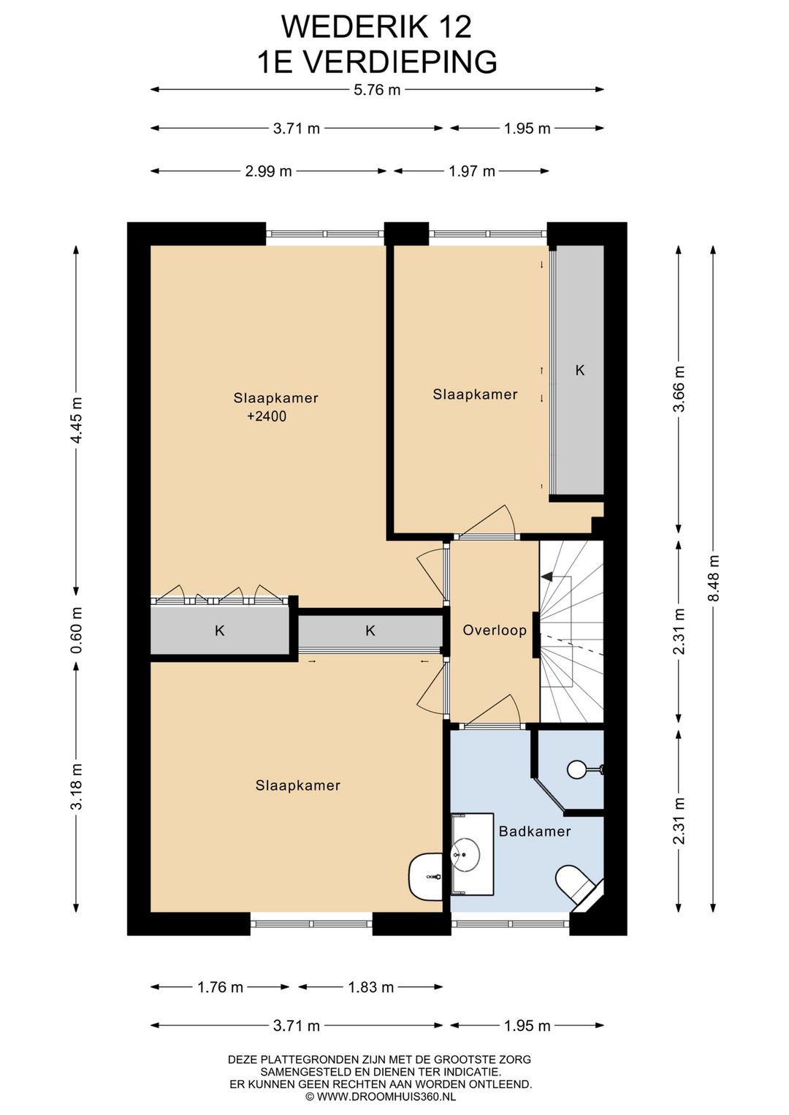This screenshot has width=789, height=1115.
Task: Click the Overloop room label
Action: tap(495, 631)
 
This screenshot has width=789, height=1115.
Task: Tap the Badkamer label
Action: tap(535, 832)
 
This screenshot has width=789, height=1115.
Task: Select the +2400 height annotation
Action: tap(267, 416)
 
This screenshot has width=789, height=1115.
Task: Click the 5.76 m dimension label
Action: tap(377, 90)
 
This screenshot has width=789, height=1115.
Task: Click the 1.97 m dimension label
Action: tap(472, 172)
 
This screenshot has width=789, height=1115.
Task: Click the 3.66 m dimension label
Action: tap(679, 389)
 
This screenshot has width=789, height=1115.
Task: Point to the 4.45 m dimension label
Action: tap(77, 419)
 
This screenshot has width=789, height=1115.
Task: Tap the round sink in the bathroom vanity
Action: tap(465, 855)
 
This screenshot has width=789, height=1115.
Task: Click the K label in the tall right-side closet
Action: tap(580, 370)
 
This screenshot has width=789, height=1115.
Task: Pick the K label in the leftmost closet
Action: tap(219, 631)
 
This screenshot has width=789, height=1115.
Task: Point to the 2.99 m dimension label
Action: tap(268, 172)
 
